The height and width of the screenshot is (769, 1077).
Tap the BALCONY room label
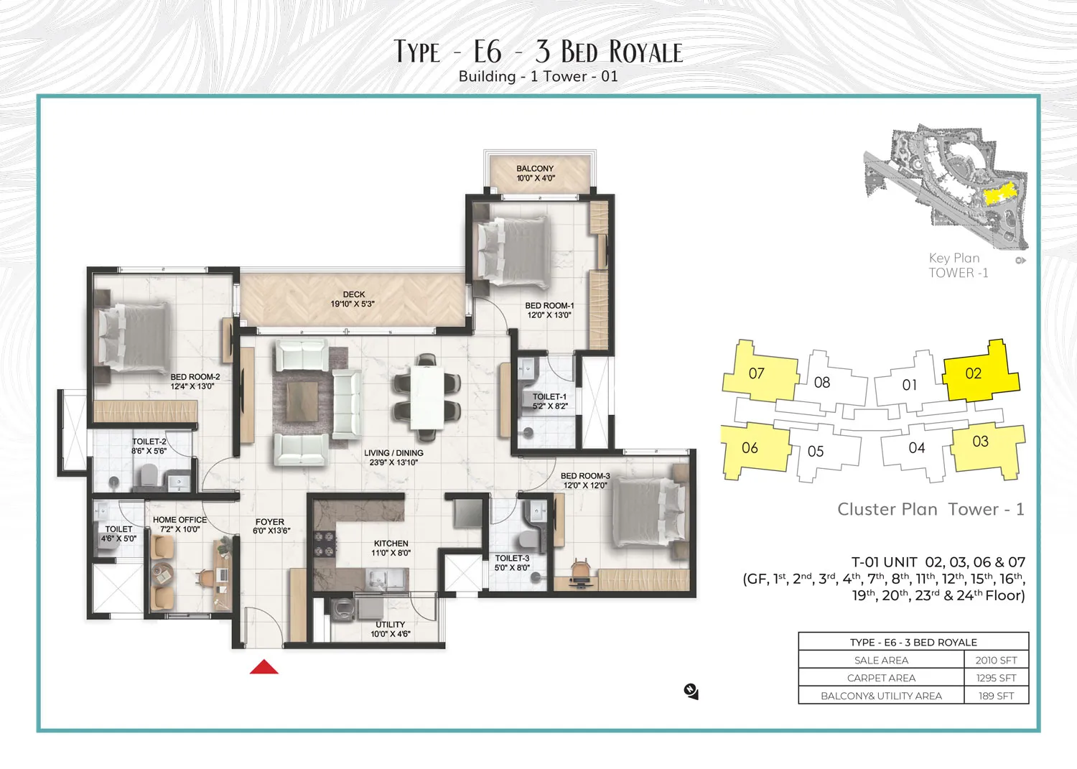[x=535, y=169]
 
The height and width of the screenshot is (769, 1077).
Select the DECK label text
[x=354, y=294]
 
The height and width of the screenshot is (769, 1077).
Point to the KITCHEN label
[x=391, y=544]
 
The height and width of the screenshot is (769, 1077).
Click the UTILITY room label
[x=391, y=624]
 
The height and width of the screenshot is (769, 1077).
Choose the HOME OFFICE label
[x=179, y=520]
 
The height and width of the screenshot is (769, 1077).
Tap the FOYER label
[x=270, y=522]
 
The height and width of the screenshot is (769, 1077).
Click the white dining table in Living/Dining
[x=427, y=398]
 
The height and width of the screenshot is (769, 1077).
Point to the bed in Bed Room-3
[x=647, y=512]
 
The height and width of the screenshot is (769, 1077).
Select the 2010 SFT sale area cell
[x=997, y=661]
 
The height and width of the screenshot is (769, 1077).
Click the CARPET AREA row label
[x=881, y=678]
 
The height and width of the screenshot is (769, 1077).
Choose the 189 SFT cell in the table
[x=997, y=696]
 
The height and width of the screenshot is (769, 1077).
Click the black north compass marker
[x=691, y=691]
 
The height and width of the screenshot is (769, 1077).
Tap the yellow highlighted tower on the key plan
[x=999, y=195]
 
